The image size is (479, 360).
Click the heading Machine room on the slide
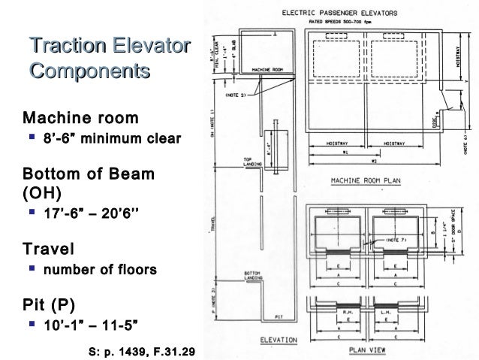click(81, 118)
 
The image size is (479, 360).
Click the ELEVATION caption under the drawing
click(279, 340)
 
